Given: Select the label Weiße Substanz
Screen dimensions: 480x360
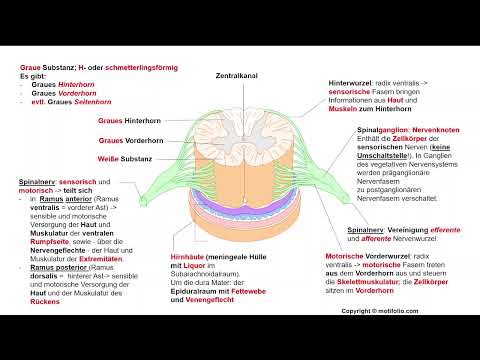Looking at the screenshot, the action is click(124, 159).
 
